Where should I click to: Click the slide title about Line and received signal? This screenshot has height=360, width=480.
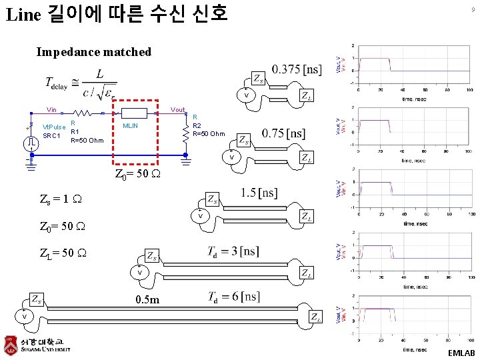click(x=117, y=13)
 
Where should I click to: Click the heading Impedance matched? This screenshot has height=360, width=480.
click(x=94, y=52)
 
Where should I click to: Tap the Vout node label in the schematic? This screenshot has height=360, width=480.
click(x=177, y=109)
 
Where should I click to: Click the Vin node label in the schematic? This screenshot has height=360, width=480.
click(x=51, y=109)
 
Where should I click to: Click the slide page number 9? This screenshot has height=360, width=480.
click(x=472, y=9)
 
